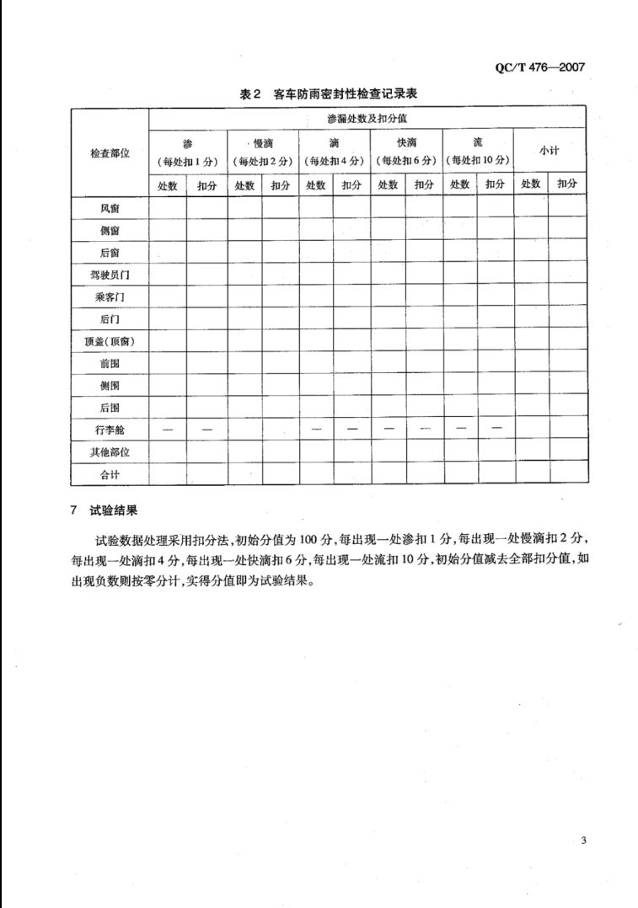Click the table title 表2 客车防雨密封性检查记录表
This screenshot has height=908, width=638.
click(329, 95)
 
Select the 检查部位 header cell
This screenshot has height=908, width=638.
click(110, 153)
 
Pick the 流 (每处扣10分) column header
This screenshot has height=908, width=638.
click(478, 152)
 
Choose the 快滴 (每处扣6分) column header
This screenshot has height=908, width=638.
click(407, 152)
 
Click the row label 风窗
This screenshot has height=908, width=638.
click(110, 207)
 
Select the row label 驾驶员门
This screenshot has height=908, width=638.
click(110, 275)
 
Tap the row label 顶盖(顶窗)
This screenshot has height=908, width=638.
click(110, 341)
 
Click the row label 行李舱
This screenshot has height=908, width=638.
click(110, 430)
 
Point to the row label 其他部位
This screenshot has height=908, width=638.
click(110, 452)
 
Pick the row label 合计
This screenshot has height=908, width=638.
click(110, 474)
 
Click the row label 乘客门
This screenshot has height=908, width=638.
click(110, 296)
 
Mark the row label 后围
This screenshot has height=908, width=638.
click(110, 408)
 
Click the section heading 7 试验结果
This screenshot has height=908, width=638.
click(105, 510)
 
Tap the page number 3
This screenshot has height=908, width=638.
click(583, 840)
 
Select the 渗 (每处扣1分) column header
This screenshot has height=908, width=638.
click(187, 152)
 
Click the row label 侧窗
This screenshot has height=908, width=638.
click(110, 229)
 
